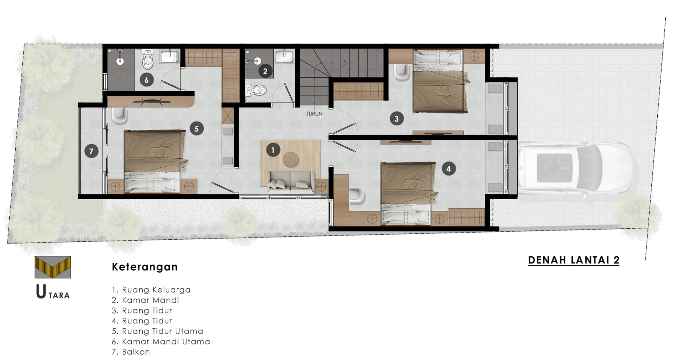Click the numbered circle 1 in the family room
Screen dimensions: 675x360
point(273,150)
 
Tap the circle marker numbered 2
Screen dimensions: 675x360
point(265,71)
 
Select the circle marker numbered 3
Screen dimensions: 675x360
point(397,119)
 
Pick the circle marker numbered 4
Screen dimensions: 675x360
point(449,169)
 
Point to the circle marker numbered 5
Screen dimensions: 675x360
point(197,129)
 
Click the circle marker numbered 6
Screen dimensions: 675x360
point(146,80)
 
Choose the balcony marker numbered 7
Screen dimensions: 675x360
point(91,151)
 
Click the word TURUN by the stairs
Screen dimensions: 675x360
point(314,114)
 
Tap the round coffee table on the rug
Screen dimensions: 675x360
point(291,159)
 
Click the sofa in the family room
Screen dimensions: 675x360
point(291,182)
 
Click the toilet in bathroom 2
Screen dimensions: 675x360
point(256,90)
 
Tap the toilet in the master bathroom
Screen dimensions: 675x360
point(148,59)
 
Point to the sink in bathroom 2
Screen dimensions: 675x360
point(284,57)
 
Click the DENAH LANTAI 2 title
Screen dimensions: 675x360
point(574,260)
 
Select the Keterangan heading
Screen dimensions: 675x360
point(145,267)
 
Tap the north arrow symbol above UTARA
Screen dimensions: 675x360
point(53,267)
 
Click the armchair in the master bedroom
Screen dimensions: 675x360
point(120,116)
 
